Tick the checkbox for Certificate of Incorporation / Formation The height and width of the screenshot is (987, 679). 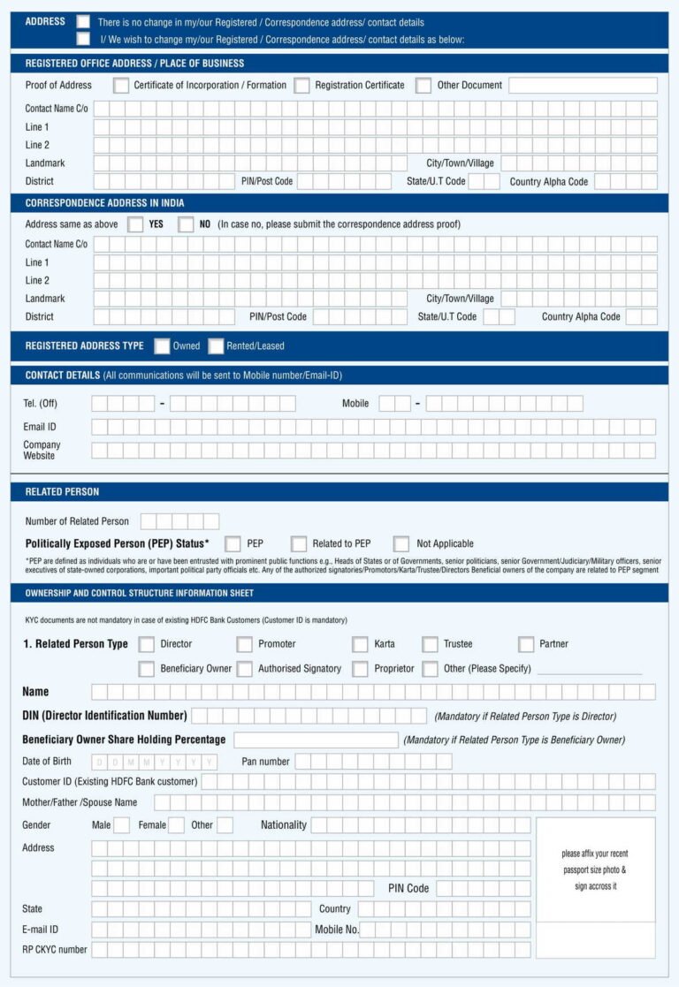coord(121,86)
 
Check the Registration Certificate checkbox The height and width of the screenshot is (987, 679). coord(302,86)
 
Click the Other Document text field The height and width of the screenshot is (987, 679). coord(583,86)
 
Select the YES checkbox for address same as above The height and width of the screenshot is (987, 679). coord(135,224)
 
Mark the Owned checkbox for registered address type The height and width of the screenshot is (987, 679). coord(162,345)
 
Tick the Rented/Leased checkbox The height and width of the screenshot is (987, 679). coord(216,345)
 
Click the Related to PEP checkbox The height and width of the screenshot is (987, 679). coord(299,543)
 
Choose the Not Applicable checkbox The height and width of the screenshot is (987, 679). coord(401,543)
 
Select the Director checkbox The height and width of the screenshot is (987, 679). coord(147,644)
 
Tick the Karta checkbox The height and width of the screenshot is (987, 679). coord(360,644)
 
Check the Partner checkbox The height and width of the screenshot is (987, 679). coord(526,644)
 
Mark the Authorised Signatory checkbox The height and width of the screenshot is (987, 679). coord(245,669)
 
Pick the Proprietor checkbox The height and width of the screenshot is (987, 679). coord(360,669)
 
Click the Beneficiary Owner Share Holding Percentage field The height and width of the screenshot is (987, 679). coord(316,740)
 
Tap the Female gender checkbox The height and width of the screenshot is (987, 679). coord(176,825)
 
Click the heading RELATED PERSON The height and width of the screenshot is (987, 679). coord(62,491)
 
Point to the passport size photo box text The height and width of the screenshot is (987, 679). coord(595,869)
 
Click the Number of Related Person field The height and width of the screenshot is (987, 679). coord(179,521)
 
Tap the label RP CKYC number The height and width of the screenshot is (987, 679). coord(55,950)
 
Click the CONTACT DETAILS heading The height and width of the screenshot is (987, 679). coord(62,376)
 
